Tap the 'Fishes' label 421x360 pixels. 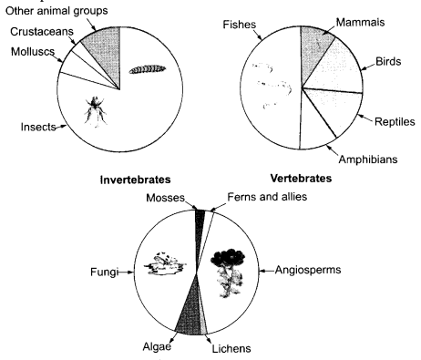click(239, 25)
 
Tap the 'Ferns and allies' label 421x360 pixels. click(266, 198)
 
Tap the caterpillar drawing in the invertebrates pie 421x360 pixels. click(145, 69)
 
